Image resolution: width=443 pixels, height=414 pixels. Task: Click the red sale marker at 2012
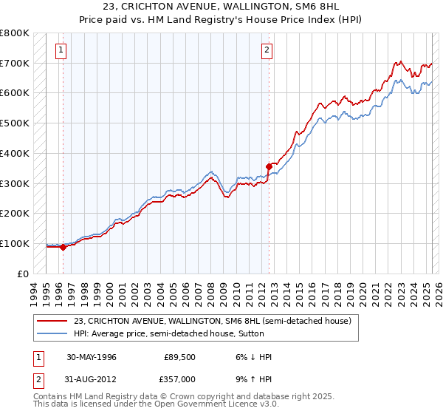pyautogui.click(x=268, y=166)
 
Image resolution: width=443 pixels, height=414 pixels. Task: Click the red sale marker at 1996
pyautogui.click(x=63, y=247)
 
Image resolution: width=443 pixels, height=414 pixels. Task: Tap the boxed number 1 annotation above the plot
pyautogui.click(x=60, y=50)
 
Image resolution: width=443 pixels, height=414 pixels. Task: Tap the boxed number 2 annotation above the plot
pyautogui.click(x=266, y=50)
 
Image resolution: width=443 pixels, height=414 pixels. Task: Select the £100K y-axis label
pyautogui.click(x=15, y=243)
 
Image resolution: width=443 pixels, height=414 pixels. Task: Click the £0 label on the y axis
pyautogui.click(x=24, y=274)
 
